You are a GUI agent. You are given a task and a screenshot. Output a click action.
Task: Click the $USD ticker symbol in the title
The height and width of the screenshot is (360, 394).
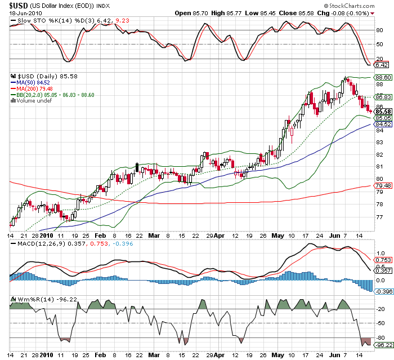point(19,5)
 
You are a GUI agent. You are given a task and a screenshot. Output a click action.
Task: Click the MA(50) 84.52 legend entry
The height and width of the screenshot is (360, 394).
point(37,82)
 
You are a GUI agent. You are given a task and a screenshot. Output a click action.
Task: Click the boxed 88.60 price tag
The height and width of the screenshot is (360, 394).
point(383,77)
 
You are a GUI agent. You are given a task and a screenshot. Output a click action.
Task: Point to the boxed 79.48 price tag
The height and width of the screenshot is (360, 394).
point(383,186)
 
